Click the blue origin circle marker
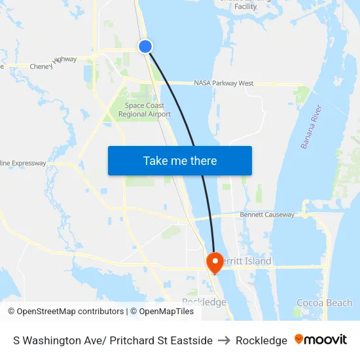[x=145, y=46]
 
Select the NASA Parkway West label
[x=223, y=84]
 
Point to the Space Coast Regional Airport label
[x=144, y=110]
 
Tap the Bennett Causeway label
[x=267, y=215]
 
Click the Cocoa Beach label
[x=324, y=303]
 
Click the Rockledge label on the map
[x=204, y=302]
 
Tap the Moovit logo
[x=321, y=340]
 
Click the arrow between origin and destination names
[x=224, y=340]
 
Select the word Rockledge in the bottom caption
[x=261, y=340]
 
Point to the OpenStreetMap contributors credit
[x=65, y=312]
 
